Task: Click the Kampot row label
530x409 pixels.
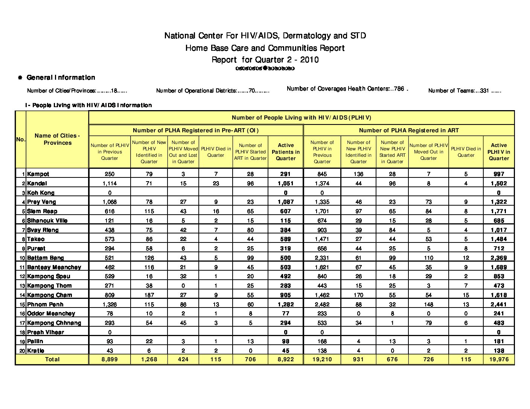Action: pos(38,174)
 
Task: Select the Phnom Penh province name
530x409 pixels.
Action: pos(45,304)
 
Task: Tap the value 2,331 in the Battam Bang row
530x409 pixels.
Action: pos(322,258)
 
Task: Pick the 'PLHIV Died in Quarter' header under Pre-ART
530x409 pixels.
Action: pos(216,152)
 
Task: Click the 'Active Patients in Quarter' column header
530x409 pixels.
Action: pos(286,152)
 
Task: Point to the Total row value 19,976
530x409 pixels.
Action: pos(499,359)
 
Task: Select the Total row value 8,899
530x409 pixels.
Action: pos(110,359)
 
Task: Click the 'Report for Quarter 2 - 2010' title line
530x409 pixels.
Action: pos(265,60)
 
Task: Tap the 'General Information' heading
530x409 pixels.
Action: pos(61,77)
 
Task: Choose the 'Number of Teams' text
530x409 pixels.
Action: pos(465,91)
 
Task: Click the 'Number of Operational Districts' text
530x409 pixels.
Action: pos(213,91)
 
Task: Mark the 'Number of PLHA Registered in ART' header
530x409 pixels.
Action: pos(409,130)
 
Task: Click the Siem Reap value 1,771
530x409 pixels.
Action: pos(499,211)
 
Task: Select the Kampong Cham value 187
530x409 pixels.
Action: pos(149,295)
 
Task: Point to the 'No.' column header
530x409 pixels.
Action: pos(21,139)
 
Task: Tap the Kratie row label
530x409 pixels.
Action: pos(35,351)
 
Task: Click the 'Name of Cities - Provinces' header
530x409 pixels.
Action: pos(57,139)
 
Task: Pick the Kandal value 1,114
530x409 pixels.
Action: pos(110,183)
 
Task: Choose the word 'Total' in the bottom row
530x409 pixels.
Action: pos(52,359)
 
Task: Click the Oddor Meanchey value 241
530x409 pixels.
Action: pos(499,314)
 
